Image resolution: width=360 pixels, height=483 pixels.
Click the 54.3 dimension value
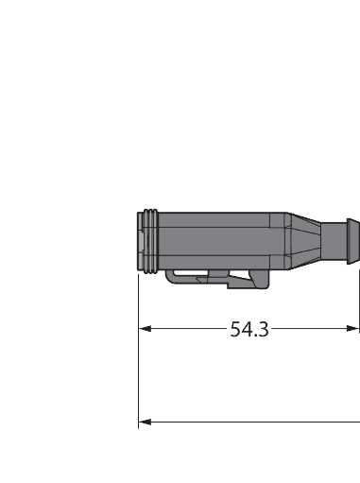coord(249,329)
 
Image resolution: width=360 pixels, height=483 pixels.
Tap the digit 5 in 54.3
coord(236,329)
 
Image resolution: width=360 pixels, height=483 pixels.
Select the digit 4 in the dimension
coord(248,329)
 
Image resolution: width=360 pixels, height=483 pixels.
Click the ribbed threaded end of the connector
coord(146,240)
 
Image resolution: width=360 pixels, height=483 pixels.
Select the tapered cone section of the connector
coord(305,240)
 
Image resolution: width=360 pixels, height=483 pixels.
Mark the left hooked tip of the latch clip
coord(170,276)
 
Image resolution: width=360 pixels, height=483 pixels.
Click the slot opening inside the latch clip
coord(194,278)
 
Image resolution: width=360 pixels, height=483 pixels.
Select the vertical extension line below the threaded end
coord(139,359)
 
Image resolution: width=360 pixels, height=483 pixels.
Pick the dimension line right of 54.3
coord(312,329)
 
